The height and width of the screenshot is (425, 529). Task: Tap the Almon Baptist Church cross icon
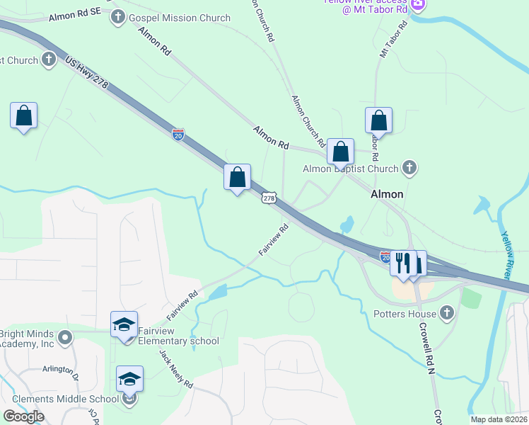pos(409,168)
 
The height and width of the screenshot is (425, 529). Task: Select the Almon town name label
pos(388,194)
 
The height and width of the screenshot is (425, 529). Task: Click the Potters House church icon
pos(446,312)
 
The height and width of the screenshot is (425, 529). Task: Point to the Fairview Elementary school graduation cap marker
pos(124,325)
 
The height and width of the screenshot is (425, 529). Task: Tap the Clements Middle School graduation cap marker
pos(130,380)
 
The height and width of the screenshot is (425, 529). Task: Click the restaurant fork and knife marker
pos(402,263)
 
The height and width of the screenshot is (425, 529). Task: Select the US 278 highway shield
pos(269,198)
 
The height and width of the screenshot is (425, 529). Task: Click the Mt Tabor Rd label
pos(394,40)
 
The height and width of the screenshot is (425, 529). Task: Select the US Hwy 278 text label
pos(86,73)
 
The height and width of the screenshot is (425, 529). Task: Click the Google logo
pos(23,416)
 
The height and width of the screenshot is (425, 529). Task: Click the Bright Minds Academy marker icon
pos(66,337)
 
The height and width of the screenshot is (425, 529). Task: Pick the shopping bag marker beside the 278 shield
pos(238,177)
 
